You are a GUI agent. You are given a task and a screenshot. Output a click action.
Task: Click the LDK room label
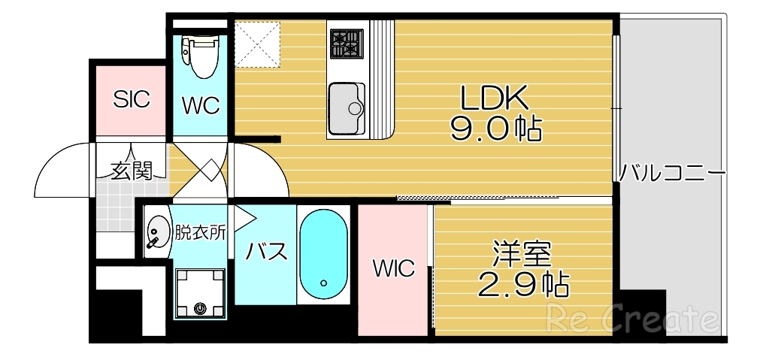coord(496,97)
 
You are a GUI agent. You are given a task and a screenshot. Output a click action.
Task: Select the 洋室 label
coord(522,254)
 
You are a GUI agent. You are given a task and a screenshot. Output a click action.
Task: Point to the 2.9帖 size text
coord(523,285)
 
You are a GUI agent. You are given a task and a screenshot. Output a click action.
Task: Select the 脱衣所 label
coord(200,232)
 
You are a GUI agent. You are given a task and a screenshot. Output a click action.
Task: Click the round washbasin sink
coord(158,232)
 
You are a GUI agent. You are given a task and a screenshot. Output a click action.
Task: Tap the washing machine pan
coord(199,292)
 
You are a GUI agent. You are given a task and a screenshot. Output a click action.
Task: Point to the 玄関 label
coord(132,171)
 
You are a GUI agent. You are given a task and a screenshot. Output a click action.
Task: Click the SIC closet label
coord(132,98)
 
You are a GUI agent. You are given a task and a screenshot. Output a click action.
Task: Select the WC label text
coord(201,105)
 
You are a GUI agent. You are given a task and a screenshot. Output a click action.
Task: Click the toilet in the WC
coord(201,58)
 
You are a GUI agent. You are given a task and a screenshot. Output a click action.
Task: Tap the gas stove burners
coord(347,43)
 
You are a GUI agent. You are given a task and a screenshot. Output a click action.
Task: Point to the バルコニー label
coord(672,174)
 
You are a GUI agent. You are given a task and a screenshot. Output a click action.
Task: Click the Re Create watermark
coord(634,319)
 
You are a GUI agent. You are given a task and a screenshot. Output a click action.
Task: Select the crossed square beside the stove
coord(257,43)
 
